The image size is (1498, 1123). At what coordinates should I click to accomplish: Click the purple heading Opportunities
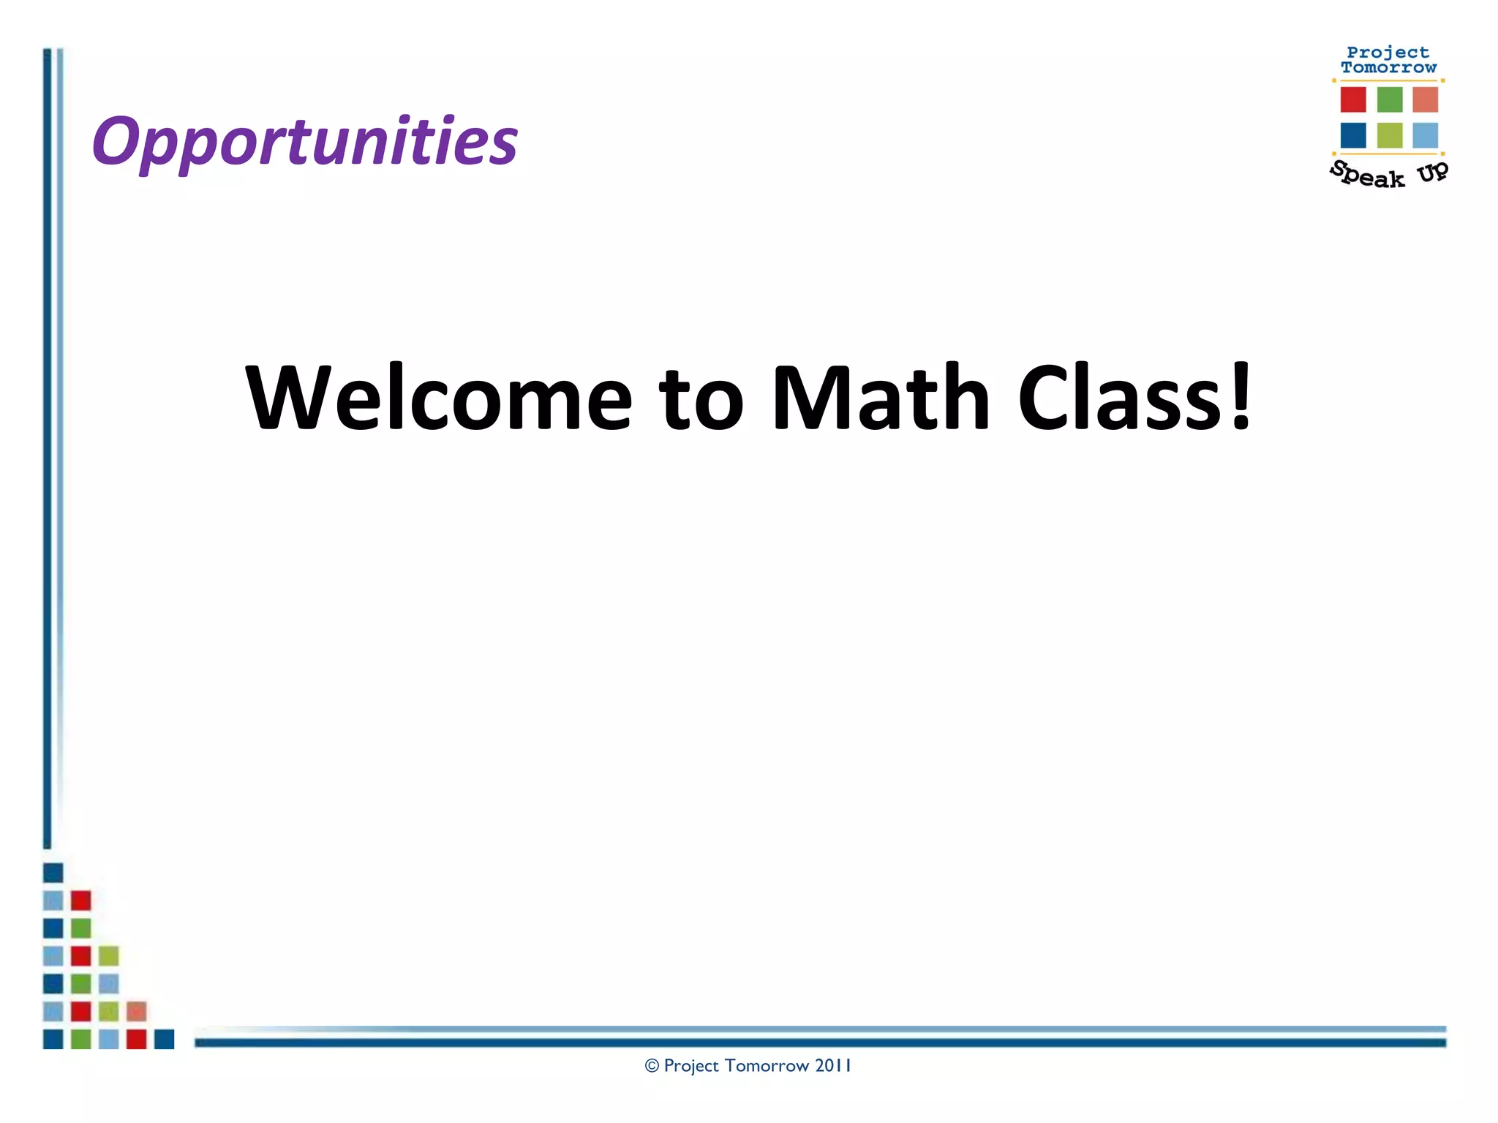click(304, 141)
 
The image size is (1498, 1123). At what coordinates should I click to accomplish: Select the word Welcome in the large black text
click(438, 398)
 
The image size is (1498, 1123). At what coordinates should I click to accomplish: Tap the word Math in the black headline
click(881, 398)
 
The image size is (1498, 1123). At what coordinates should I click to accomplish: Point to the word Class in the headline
click(1120, 398)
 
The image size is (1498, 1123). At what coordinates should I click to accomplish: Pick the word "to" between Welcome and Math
click(701, 401)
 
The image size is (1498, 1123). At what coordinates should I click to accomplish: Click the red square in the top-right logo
click(1353, 99)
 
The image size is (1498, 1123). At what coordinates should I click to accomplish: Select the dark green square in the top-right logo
click(1390, 99)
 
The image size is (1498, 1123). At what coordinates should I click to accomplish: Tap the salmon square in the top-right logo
click(1425, 99)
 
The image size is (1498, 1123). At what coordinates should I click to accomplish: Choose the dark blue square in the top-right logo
click(1353, 135)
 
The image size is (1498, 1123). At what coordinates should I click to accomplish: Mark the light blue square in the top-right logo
click(1425, 135)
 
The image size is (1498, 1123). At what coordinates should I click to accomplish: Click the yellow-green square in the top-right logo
click(1390, 135)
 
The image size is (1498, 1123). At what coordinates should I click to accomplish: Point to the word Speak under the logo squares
click(1367, 175)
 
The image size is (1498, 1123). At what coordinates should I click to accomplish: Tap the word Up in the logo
click(1432, 172)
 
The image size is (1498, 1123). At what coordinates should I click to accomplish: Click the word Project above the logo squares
click(1388, 53)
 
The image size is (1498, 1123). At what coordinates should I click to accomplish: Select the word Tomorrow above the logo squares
click(1388, 67)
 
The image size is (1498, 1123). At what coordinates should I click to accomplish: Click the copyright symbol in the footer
click(652, 1066)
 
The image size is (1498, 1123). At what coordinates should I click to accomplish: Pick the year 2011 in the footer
click(833, 1066)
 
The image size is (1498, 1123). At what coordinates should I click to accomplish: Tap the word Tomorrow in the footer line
click(767, 1066)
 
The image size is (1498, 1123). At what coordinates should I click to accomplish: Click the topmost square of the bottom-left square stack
click(53, 872)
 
